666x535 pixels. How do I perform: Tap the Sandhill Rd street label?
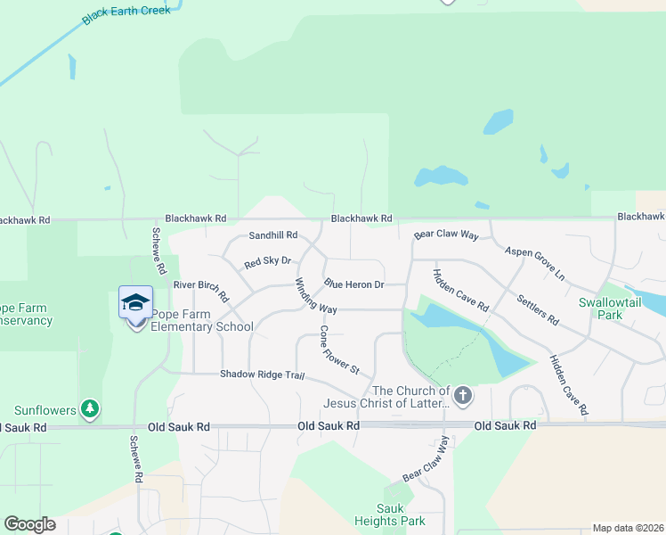272,235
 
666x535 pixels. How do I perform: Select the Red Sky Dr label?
267,262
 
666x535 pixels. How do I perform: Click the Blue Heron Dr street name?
353,284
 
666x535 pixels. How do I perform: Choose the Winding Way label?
315,297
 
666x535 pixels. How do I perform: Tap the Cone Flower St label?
339,350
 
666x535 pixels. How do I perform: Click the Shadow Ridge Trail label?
262,374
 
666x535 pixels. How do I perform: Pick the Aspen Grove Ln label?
535,264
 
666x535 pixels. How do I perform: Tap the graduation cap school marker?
135,302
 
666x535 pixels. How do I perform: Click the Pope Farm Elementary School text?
202,320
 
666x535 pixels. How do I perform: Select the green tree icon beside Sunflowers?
89,409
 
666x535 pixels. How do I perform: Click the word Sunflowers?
45,410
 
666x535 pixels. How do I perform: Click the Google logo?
29,523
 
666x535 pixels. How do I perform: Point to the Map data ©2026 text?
627,528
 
